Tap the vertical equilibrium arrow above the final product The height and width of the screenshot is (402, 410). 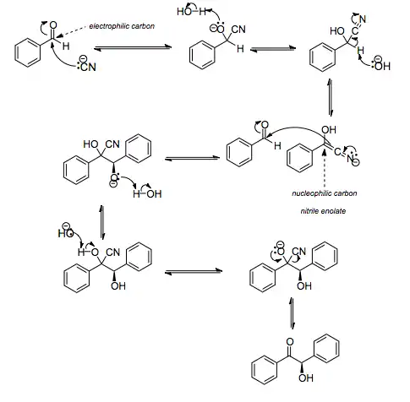tap(292, 322)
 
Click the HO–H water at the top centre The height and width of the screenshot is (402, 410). tap(189, 13)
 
